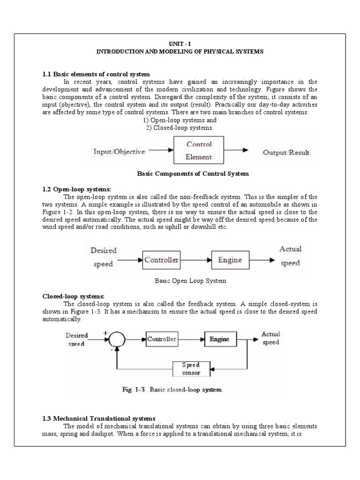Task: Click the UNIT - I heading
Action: pos(180,44)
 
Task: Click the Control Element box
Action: pos(199,150)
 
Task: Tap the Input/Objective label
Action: pos(120,151)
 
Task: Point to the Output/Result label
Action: pos(286,152)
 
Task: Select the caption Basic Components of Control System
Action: pos(192,173)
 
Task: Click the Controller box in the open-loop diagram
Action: pos(161,260)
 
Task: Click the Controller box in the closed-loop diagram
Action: pos(161,338)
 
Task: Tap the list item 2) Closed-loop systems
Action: pos(180,127)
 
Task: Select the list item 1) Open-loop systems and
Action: pos(180,120)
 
